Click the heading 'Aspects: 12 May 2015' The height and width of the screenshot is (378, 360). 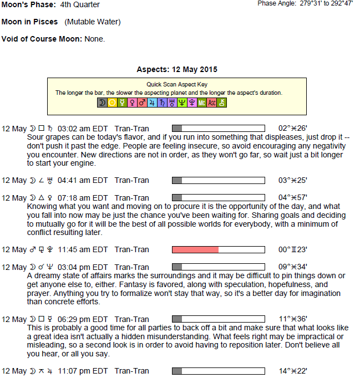[177, 70]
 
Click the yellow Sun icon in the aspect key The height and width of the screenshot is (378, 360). [112, 103]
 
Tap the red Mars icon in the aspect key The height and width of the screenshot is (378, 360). [142, 103]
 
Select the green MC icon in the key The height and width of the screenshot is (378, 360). [202, 103]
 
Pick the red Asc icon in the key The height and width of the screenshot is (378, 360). [212, 103]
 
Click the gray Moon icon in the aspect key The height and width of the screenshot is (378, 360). [102, 103]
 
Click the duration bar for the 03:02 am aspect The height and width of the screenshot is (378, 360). [218, 128]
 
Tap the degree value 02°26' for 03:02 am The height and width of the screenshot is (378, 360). [292, 128]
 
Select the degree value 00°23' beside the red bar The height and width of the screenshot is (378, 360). [292, 250]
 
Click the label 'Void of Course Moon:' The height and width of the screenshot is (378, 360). [42, 39]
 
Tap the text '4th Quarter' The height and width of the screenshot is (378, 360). [80, 5]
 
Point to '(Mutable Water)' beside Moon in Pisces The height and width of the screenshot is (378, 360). [92, 22]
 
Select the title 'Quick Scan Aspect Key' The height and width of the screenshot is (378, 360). [177, 85]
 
